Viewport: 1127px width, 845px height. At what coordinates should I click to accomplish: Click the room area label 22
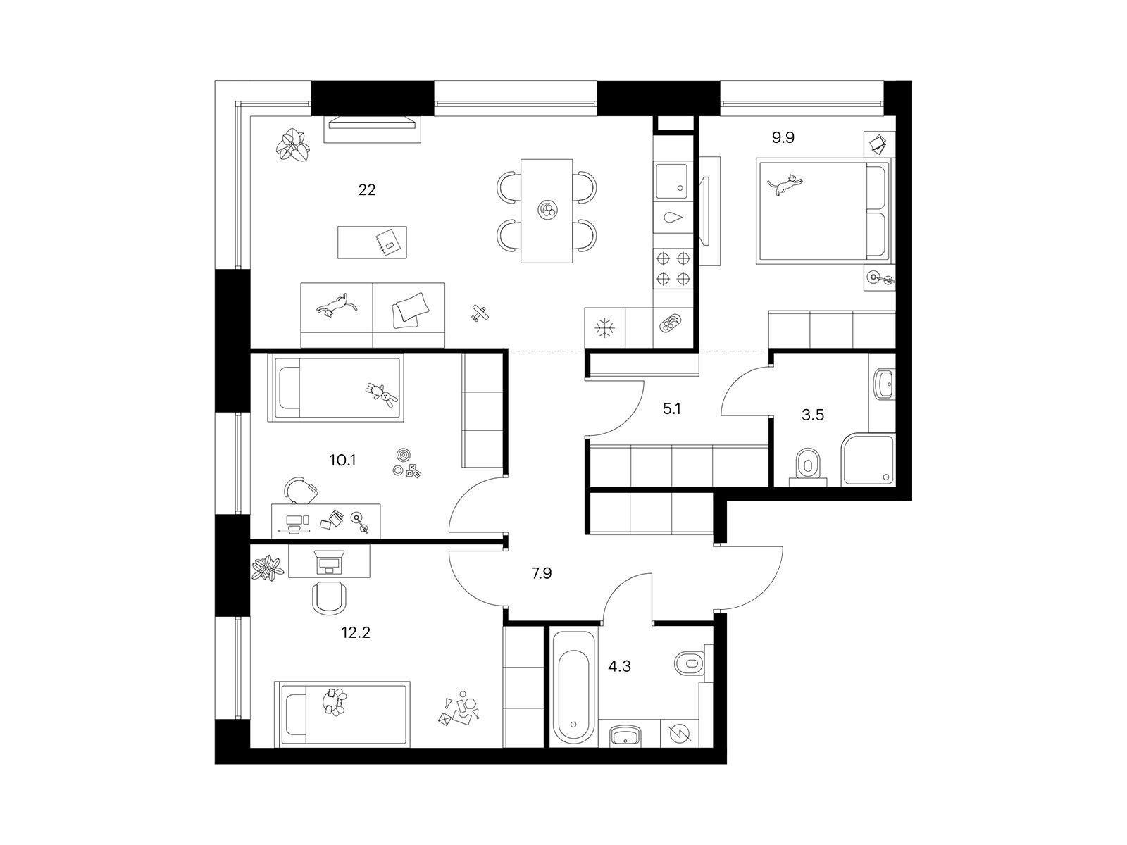coord(366,190)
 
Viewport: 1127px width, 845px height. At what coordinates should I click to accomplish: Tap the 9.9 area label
coord(783,137)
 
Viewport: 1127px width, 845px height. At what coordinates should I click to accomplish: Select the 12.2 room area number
coord(356,632)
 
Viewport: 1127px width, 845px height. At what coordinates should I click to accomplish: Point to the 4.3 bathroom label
coord(619,666)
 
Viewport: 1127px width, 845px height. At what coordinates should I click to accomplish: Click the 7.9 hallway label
coord(541,573)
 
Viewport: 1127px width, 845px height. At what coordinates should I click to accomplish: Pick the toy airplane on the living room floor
coord(480,313)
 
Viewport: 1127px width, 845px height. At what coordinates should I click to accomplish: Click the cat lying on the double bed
coord(785,184)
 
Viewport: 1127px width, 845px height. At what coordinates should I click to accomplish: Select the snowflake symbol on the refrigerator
coord(604,328)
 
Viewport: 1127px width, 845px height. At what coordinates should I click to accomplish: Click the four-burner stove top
coord(673,268)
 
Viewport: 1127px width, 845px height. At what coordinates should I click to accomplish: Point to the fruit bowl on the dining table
coord(547,209)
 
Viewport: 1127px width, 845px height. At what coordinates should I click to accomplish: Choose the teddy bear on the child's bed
coord(382,394)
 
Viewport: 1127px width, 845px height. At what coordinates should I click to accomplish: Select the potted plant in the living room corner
coord(292,144)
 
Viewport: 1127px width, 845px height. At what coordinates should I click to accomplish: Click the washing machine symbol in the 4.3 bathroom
coord(680,733)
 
